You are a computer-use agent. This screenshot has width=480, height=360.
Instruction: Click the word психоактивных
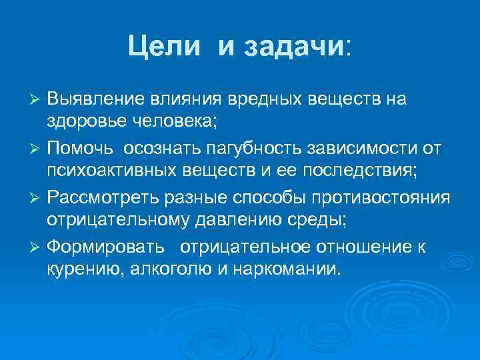point(101,171)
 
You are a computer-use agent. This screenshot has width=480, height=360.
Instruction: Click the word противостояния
point(389,198)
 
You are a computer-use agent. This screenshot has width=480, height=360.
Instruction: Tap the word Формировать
point(105,248)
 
